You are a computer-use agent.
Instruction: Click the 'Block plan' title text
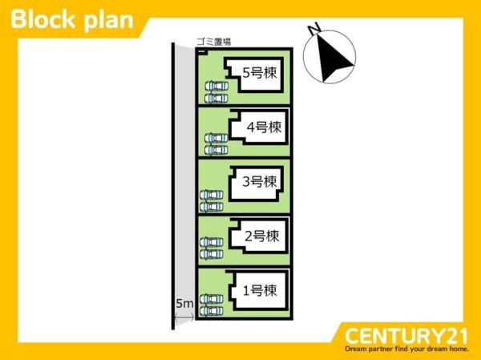(72, 19)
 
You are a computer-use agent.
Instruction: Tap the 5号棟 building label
(260, 73)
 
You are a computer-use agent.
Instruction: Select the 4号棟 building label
(264, 127)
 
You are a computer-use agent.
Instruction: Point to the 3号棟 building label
(260, 182)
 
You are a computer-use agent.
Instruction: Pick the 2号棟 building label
(262, 237)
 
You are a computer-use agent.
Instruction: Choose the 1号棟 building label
(260, 290)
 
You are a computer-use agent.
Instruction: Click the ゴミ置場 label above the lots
(214, 42)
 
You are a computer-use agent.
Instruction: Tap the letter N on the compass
(314, 29)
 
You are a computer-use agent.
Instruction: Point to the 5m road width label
(184, 304)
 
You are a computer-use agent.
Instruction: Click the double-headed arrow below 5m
(184, 318)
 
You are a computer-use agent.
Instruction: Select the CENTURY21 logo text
(406, 336)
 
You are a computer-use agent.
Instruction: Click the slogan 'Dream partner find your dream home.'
(406, 349)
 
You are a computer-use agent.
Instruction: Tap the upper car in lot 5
(216, 86)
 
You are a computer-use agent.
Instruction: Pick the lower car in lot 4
(216, 150)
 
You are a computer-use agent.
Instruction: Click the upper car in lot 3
(212, 195)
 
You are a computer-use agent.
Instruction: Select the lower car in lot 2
(212, 254)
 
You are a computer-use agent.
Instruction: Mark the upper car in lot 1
(212, 299)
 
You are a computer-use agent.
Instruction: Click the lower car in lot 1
(212, 311)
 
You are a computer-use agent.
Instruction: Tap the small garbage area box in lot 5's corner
(202, 51)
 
